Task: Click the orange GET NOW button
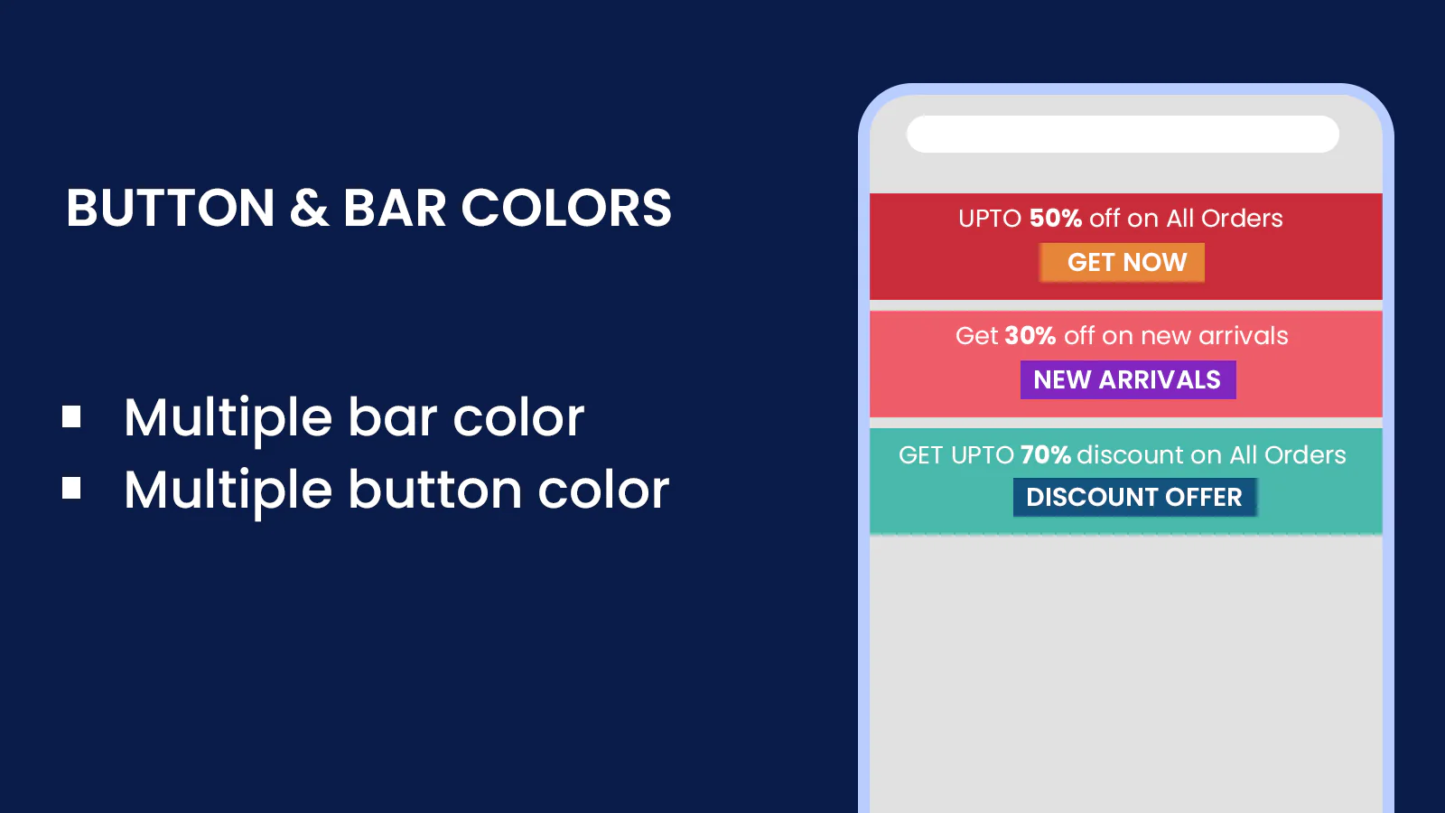coord(1122,263)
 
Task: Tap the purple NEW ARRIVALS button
coord(1128,380)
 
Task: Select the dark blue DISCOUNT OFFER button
coord(1134,498)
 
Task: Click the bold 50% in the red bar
coord(1056,218)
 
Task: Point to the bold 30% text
coord(1030,335)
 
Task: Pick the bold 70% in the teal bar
coord(1046,455)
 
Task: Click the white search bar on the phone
coord(1123,135)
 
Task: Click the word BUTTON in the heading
coord(171,208)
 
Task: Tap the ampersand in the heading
coord(309,208)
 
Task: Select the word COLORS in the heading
coord(566,208)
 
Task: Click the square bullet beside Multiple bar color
coord(71,416)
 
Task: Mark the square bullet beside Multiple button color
coord(71,489)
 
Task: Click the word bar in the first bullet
coord(393,416)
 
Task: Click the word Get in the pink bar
coord(976,335)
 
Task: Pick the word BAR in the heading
coord(395,208)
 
